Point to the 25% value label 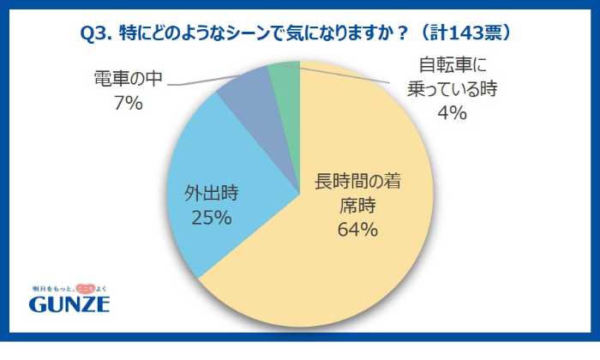pyautogui.click(x=211, y=218)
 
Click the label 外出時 pyautogui.click(x=211, y=193)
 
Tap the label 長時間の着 pyautogui.click(x=359, y=182)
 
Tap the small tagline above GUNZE pyautogui.click(x=69, y=287)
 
